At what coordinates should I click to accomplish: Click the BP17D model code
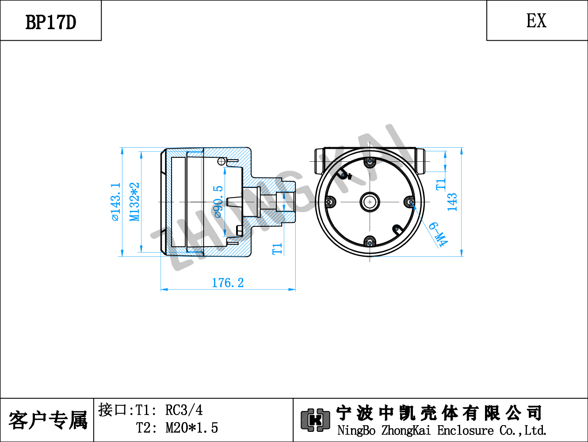[x=51, y=22]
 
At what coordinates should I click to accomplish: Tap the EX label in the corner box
[x=536, y=21]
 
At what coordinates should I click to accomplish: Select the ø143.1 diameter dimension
[x=116, y=202]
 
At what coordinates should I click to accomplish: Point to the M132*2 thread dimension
[x=134, y=202]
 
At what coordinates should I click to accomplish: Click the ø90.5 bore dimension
[x=218, y=202]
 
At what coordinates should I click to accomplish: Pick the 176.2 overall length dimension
[x=228, y=283]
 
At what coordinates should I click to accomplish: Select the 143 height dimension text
[x=452, y=202]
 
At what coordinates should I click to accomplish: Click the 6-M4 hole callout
[x=438, y=234]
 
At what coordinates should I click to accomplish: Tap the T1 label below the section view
[x=277, y=249]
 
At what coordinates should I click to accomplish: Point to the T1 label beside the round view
[x=441, y=185]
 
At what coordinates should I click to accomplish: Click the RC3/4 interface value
[x=184, y=410]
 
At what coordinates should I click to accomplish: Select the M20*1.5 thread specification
[x=192, y=428]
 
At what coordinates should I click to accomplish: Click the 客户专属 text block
[x=48, y=420]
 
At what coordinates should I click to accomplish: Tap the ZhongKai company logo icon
[x=315, y=420]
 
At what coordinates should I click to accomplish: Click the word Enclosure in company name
[x=465, y=431]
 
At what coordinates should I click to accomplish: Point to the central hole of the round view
[x=370, y=202]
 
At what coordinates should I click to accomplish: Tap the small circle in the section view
[x=221, y=161]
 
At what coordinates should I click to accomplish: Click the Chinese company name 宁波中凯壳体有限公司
[x=439, y=413]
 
